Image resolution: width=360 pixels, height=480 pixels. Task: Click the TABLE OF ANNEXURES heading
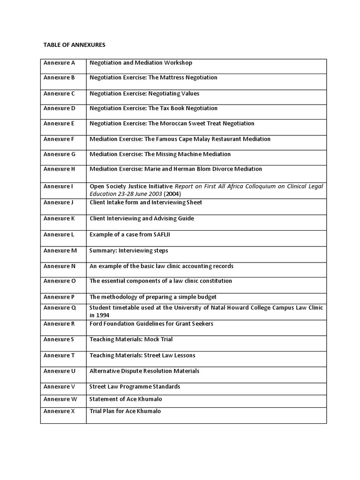point(75,45)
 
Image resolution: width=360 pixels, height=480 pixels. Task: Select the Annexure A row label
point(59,63)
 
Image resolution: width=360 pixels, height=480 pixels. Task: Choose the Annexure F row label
point(59,139)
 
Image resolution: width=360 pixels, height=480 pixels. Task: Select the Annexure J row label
point(59,202)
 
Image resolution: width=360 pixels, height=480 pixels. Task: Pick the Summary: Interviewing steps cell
point(128,251)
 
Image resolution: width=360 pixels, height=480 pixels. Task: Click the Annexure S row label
point(59,339)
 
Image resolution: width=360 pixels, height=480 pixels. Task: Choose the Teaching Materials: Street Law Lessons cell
point(142,355)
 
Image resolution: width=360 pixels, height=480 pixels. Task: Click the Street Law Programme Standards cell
point(135,387)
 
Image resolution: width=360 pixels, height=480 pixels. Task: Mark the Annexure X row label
point(59,411)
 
